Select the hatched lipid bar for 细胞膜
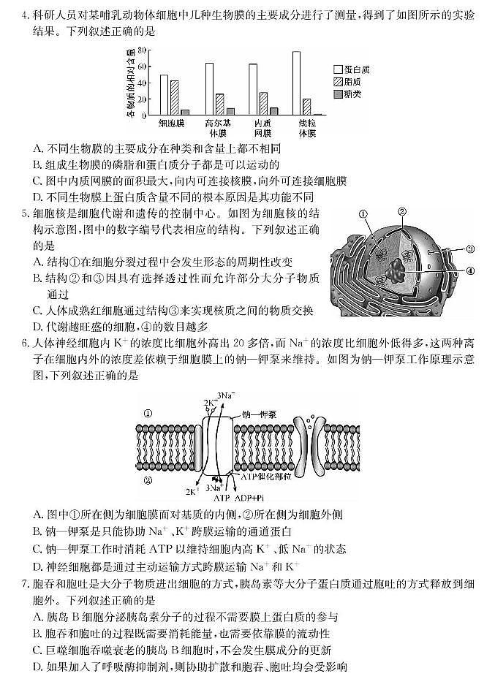click(x=174, y=98)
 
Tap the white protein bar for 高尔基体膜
click(x=210, y=89)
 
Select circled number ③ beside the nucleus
click(x=470, y=249)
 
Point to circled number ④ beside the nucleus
click(x=470, y=270)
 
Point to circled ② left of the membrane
click(x=148, y=480)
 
